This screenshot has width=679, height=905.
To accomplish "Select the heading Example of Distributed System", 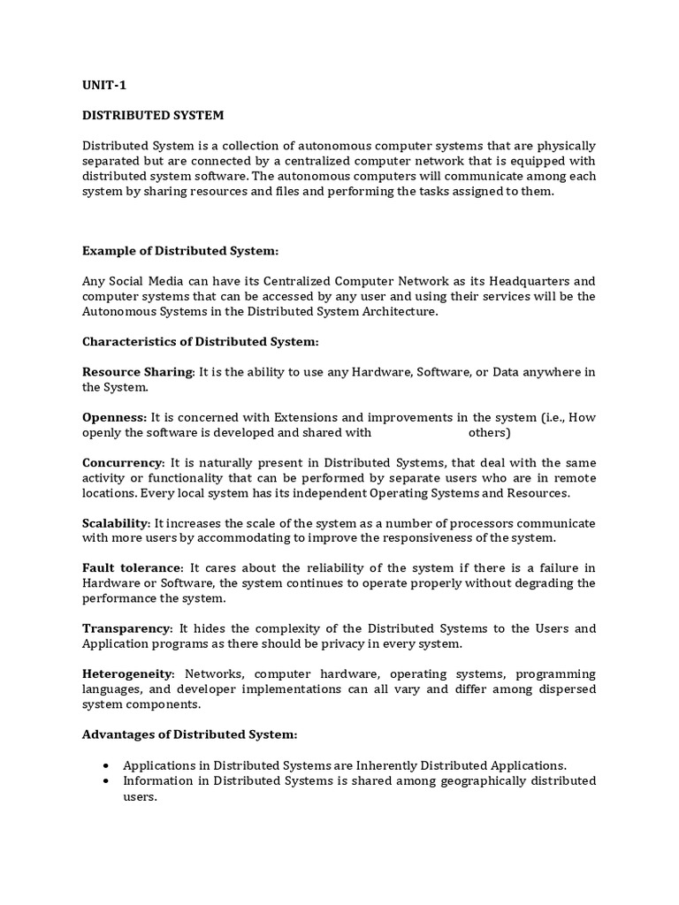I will click(180, 251).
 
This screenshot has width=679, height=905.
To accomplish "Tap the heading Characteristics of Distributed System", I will click(201, 341).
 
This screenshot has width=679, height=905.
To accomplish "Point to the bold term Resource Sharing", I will click(137, 372).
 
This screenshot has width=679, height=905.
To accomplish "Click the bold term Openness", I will click(114, 417).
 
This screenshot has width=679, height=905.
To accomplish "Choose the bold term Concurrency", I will click(123, 462).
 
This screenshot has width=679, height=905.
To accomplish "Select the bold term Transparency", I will click(126, 628).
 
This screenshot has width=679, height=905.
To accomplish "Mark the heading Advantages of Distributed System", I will click(190, 734).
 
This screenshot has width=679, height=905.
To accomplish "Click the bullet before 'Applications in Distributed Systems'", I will click(107, 765).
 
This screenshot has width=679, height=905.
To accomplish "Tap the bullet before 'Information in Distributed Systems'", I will click(107, 781).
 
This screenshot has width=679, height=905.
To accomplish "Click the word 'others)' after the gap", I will click(489, 433).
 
